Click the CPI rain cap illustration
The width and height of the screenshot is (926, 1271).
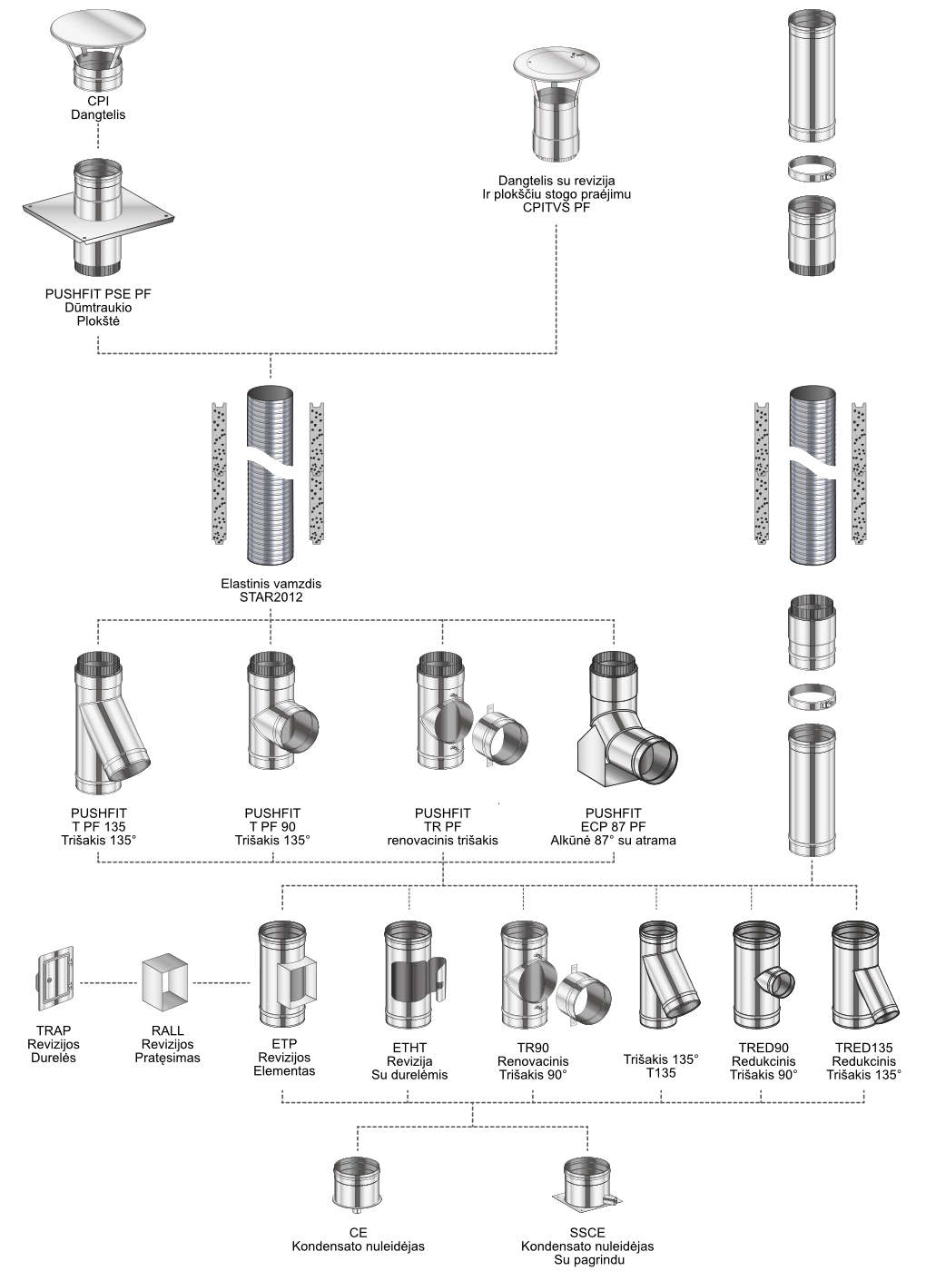coord(98,52)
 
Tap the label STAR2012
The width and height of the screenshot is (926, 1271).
coord(271,597)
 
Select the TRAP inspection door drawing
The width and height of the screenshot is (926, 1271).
coord(55,979)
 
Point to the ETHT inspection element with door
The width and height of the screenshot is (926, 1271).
coord(414,974)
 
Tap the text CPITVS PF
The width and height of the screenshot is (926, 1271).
coord(557,208)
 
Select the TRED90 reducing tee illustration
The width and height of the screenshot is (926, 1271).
coord(763,974)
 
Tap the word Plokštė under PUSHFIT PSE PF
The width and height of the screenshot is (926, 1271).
coord(99,321)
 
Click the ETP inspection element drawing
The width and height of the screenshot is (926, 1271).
coord(287,974)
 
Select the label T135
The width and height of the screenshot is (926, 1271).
coord(661,1072)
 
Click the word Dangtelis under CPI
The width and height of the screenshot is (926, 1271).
coord(98,114)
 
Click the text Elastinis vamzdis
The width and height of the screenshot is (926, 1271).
coord(271,583)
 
